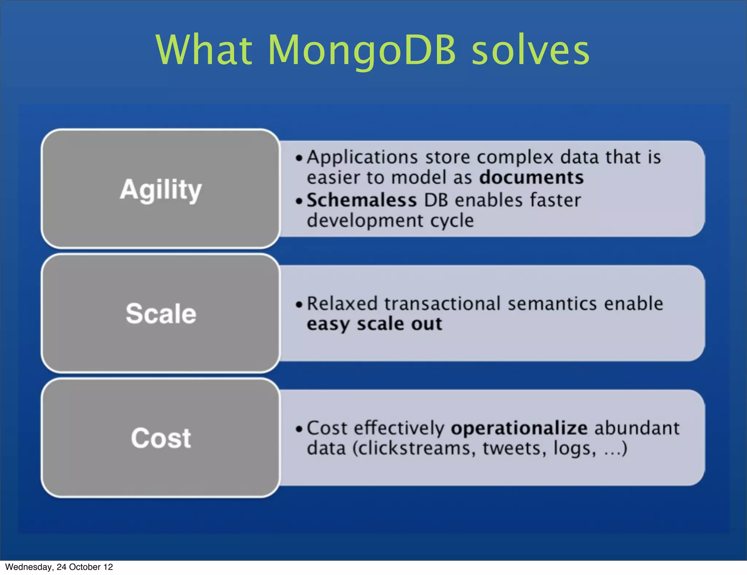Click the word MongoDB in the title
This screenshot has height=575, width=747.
click(x=361, y=50)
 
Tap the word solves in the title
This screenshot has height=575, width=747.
click(x=531, y=50)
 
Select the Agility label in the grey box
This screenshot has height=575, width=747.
click(x=160, y=189)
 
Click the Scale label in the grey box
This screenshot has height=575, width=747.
click(x=161, y=314)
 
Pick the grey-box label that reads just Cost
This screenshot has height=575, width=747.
click(x=161, y=438)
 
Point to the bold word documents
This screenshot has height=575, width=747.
click(x=531, y=178)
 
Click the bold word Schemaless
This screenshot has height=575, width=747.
click(x=361, y=200)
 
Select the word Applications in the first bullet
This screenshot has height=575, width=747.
click(x=362, y=158)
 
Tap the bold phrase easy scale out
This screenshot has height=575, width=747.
click(x=374, y=324)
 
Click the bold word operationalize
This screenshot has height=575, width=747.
click(x=519, y=428)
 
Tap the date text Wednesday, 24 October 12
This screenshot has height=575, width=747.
click(x=59, y=567)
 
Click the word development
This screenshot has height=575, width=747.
click(x=364, y=221)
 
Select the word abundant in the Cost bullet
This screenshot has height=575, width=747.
click(x=637, y=428)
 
